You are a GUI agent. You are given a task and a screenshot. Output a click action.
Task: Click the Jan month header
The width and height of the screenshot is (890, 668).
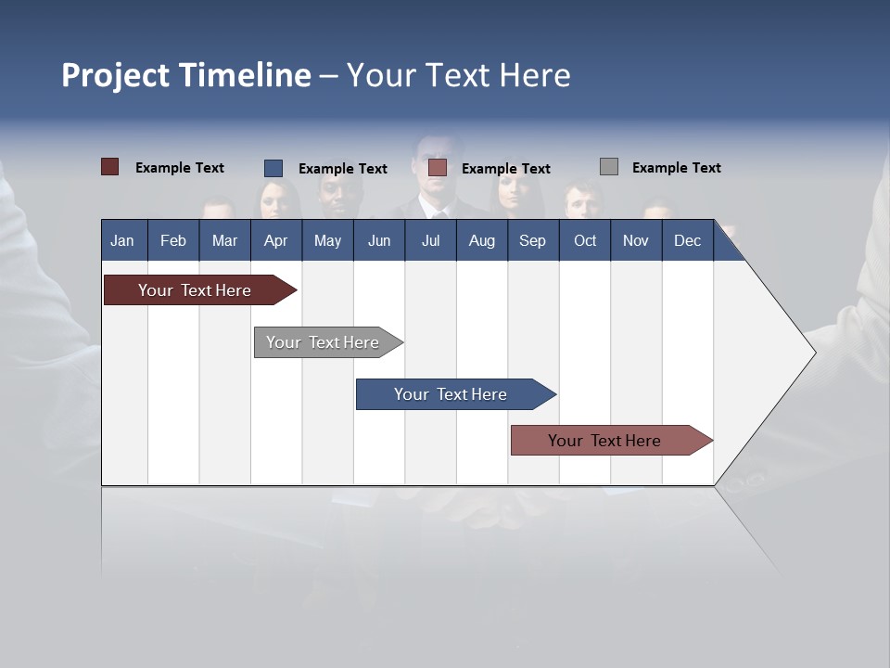[122, 240]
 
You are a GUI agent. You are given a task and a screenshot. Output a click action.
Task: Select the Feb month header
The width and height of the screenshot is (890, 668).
[173, 240]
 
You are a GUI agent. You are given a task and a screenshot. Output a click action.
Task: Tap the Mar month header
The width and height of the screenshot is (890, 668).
[224, 240]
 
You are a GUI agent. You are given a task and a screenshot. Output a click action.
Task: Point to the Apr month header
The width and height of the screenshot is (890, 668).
[275, 240]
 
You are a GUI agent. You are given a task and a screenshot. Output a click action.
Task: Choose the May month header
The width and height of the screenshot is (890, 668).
[327, 240]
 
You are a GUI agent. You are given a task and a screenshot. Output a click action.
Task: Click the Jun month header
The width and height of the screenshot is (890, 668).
[379, 240]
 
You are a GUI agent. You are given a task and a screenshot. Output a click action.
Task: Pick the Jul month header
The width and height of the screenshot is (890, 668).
[430, 240]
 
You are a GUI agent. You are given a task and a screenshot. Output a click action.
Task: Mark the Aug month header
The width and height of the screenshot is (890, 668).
[482, 240]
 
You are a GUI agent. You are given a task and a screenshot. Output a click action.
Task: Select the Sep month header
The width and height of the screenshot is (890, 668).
[532, 240]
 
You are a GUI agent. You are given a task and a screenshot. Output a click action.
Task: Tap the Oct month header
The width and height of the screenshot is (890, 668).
[585, 240]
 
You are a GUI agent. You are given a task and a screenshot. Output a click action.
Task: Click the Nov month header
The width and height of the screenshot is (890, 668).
[636, 240]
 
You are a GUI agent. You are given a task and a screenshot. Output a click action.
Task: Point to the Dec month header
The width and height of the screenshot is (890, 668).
[687, 240]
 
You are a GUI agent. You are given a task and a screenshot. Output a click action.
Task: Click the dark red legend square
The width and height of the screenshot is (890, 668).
[110, 167]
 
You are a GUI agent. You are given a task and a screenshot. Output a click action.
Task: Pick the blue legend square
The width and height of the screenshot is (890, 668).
[273, 168]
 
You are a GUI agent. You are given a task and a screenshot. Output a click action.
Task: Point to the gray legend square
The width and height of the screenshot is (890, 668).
[609, 167]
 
